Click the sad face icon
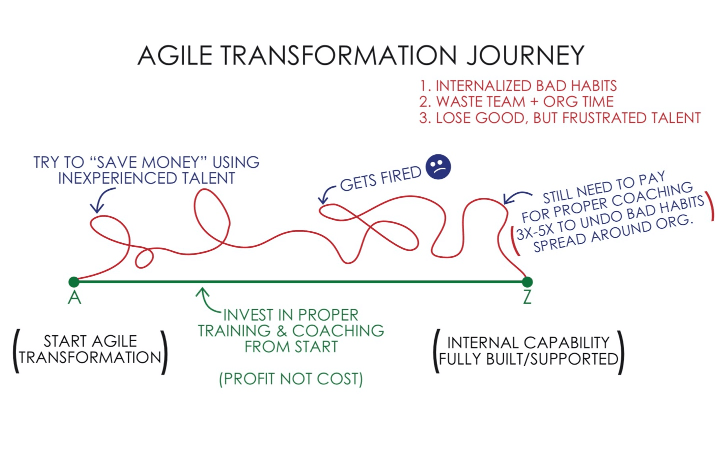click(x=438, y=167)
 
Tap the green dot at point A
click(x=73, y=282)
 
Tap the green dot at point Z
click(x=527, y=282)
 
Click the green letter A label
click(x=74, y=298)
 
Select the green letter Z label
click(x=527, y=298)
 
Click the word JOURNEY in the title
click(x=525, y=55)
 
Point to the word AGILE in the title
click(x=175, y=55)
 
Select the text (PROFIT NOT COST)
click(x=291, y=379)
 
